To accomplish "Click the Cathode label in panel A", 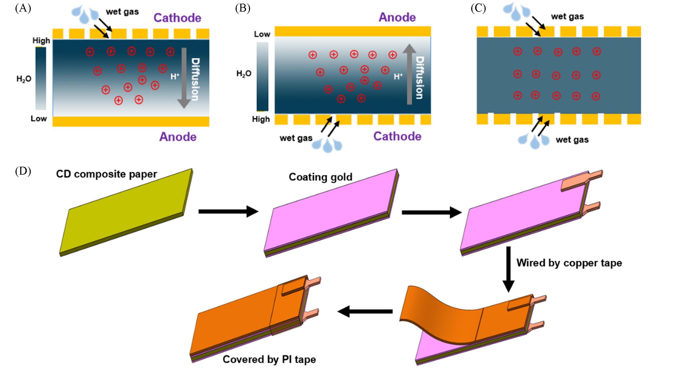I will coord(177,18).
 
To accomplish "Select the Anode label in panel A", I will coord(178,137).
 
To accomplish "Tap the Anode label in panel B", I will coord(397,17).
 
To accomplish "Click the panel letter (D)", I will coord(23,171).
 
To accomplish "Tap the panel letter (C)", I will coord(478,9).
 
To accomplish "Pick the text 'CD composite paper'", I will coord(106,174).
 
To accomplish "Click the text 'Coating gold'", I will coord(320,177).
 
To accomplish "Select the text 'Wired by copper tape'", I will coord(569,263).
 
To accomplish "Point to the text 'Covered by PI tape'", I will coord(269,359).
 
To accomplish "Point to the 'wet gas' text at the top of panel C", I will coord(567,17).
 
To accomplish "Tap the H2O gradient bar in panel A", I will coord(41,78).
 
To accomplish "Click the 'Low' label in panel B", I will coord(262,34).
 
